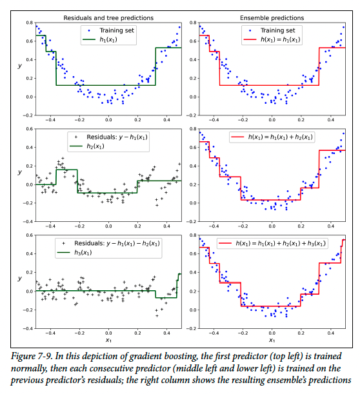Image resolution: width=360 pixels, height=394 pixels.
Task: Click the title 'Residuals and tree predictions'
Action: (108, 18)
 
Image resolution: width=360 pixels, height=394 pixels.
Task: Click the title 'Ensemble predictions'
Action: (272, 18)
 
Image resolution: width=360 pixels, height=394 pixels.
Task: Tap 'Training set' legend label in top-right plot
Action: (278, 30)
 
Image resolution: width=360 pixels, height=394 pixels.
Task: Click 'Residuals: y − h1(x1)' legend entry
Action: (117, 137)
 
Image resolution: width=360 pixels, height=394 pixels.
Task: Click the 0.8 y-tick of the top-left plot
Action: (30, 23)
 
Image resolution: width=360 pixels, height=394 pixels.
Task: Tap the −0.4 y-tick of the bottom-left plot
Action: (28, 328)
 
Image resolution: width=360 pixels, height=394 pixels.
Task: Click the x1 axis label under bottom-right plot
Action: (272, 340)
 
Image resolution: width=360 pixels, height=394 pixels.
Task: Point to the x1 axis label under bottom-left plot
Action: (108, 340)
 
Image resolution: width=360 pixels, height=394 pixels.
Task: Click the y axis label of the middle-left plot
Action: (19, 172)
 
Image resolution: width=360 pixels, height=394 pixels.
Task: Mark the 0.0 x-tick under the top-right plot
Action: (272, 120)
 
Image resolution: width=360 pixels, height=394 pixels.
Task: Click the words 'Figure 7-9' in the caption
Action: (32, 357)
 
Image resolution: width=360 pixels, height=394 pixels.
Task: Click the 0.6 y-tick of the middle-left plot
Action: (30, 129)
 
